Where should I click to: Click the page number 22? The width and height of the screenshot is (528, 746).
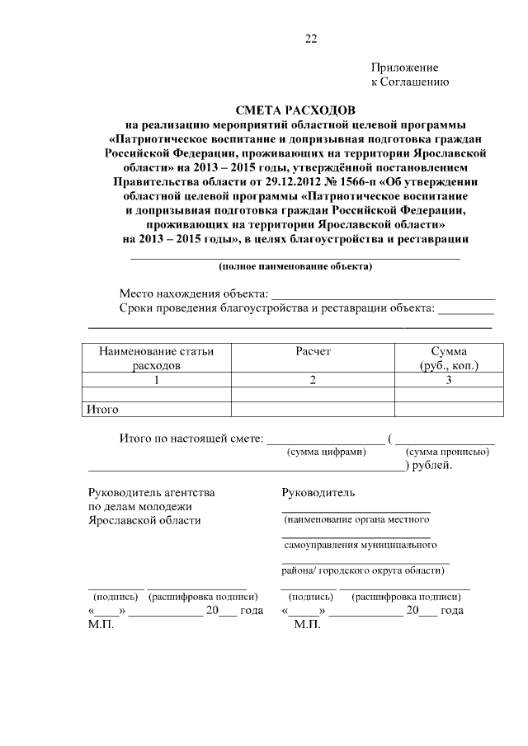(x=311, y=38)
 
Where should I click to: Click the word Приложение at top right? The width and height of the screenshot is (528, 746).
(x=404, y=68)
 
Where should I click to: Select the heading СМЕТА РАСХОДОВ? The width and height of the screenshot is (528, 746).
(x=295, y=110)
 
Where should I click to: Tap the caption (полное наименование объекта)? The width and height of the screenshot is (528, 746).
(x=295, y=266)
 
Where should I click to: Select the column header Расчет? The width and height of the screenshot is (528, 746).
(x=313, y=351)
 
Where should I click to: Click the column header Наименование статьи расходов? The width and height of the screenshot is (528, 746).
(x=156, y=358)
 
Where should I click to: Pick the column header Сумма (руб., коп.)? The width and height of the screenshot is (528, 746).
(x=448, y=358)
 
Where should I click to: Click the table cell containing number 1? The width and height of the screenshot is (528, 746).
(x=156, y=380)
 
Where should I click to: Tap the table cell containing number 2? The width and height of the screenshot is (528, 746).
(x=313, y=380)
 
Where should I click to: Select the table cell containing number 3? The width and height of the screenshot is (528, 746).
(x=448, y=380)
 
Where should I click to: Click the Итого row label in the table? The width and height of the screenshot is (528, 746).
(x=102, y=409)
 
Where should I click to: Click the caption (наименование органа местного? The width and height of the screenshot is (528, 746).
(x=356, y=520)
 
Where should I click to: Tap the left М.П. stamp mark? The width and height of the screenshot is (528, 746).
(x=100, y=624)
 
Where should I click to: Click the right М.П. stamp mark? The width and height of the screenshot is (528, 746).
(x=306, y=624)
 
